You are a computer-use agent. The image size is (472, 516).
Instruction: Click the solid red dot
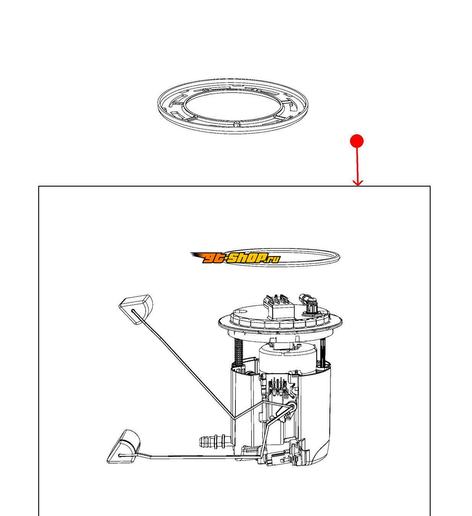point(357,141)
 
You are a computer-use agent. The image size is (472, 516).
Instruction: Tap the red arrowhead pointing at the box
point(358,183)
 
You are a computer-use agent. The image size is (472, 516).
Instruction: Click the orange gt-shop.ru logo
point(235,258)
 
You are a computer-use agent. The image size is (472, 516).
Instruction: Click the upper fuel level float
point(136,310)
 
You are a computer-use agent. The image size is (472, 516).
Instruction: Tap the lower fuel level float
point(124,446)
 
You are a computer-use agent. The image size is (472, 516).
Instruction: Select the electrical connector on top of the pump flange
point(278,307)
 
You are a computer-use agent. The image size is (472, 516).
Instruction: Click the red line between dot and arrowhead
point(357,165)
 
